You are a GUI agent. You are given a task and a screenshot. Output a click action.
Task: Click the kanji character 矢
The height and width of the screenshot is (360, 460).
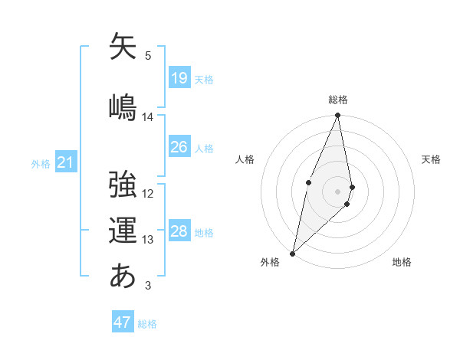(x=123, y=47)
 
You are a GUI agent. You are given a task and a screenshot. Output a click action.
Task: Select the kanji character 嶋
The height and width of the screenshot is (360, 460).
(x=123, y=106)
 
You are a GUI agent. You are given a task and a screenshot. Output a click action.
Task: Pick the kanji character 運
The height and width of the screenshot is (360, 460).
(x=123, y=230)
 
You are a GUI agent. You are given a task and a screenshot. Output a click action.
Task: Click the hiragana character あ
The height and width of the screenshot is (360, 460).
(x=123, y=275)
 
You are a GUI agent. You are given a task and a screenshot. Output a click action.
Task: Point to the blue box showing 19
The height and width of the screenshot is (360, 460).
(x=179, y=78)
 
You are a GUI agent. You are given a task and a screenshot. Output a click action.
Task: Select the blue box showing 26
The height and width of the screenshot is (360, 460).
(x=179, y=147)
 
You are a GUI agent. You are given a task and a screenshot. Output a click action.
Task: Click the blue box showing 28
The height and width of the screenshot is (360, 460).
(x=179, y=231)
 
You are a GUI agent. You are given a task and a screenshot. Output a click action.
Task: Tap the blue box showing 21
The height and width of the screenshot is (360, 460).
(x=66, y=162)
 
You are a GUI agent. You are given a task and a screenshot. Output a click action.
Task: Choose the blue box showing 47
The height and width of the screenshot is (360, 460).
(x=123, y=322)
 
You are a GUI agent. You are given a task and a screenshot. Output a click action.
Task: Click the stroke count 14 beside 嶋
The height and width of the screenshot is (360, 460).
(x=148, y=117)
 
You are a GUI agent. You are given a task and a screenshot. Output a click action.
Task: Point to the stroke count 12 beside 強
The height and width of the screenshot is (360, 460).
(x=148, y=193)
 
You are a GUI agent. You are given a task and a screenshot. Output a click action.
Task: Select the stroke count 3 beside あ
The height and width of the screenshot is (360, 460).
(x=148, y=286)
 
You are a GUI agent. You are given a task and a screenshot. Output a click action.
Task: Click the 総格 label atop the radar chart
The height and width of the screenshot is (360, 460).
(x=338, y=100)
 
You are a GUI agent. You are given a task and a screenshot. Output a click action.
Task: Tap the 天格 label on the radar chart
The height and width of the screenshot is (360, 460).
(x=432, y=159)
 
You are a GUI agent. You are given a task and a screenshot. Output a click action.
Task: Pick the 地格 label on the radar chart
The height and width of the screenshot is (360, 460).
(x=402, y=262)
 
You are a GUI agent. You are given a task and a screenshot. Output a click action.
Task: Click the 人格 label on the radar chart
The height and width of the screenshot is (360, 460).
(x=245, y=159)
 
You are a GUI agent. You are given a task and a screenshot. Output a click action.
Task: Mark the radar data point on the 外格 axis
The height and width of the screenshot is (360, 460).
(x=292, y=253)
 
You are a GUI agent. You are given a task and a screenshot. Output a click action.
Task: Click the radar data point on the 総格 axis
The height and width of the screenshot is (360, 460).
(x=338, y=116)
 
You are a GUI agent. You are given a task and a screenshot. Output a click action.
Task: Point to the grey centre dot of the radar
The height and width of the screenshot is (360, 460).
(x=338, y=191)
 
